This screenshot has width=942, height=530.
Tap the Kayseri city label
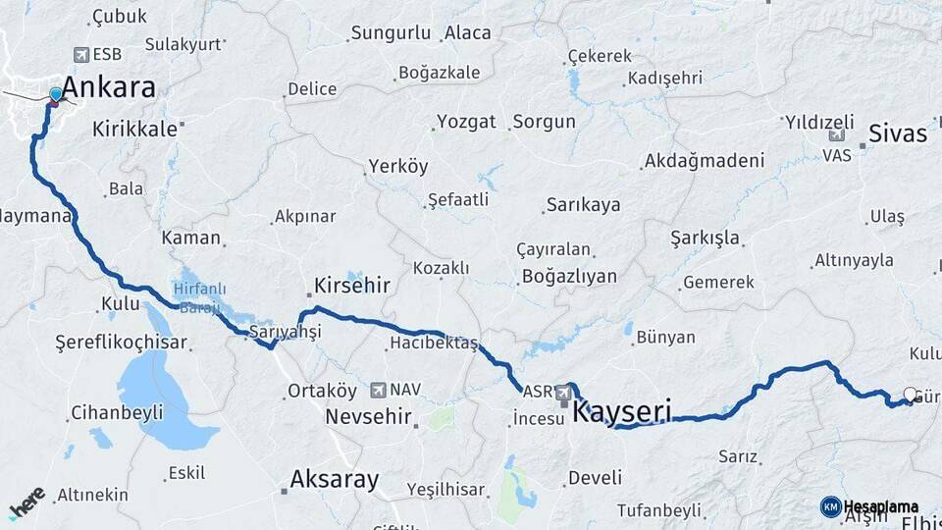[x=622, y=410]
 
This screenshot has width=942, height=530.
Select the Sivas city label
[x=898, y=134]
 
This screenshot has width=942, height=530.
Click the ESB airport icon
[x=80, y=56]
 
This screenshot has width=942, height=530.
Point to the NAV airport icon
[x=378, y=390]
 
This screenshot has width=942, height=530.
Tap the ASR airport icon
[x=564, y=393]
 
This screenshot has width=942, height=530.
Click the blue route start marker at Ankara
[x=56, y=95]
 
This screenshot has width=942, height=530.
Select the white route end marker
[x=910, y=395]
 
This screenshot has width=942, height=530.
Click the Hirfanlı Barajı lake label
[x=199, y=295]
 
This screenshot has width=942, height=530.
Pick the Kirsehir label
[x=351, y=286]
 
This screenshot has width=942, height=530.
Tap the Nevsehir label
[x=366, y=416]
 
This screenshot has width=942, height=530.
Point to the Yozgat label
[x=466, y=123]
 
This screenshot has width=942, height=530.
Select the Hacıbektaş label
[x=433, y=344]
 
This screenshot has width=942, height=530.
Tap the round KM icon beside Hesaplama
[x=830, y=506]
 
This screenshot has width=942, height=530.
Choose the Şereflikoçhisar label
[x=121, y=344]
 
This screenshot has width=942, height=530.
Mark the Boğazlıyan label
[x=569, y=276]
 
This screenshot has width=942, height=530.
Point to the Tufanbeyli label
[x=658, y=510]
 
